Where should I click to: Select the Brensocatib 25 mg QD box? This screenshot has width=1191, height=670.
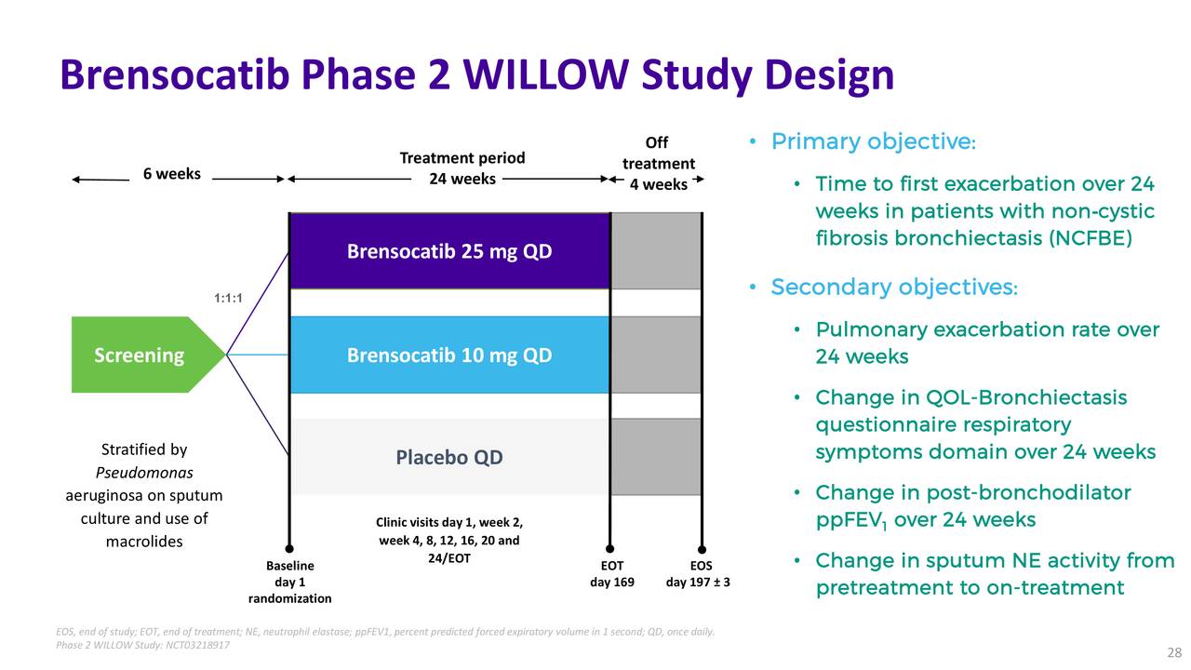point(449,251)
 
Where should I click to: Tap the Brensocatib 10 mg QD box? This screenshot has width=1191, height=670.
point(449,355)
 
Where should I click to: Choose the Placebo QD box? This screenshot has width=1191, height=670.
point(449,457)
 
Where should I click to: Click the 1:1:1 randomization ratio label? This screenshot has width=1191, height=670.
point(229,298)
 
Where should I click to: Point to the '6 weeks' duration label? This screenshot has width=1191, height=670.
point(171,174)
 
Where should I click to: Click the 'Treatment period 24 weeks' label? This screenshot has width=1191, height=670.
point(462,168)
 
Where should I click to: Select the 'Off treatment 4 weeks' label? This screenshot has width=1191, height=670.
point(658,164)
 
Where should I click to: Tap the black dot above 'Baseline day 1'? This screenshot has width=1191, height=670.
point(289,549)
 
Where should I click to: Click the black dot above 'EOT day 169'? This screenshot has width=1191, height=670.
point(610,549)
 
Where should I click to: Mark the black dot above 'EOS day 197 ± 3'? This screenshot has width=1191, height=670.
point(703,549)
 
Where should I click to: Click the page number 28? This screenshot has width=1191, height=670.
point(1173,652)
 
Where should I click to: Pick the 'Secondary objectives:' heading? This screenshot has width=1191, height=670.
point(893,287)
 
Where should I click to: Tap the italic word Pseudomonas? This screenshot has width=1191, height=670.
point(144,473)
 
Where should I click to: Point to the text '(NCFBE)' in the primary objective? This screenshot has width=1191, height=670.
point(1091,238)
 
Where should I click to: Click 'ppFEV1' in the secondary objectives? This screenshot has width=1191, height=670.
point(851,520)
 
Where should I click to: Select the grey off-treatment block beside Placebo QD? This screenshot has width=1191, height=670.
point(656,457)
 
